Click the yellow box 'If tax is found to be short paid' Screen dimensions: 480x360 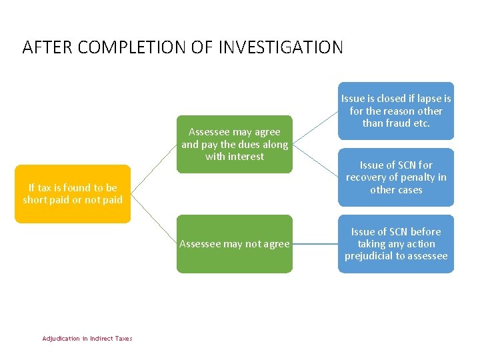point(73,194)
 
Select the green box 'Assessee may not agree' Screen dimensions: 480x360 point(234,244)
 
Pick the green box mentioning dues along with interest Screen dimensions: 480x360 point(234,144)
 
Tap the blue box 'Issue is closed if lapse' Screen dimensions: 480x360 point(395,111)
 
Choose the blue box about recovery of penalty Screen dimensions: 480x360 point(395,177)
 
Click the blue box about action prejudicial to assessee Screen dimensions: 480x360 point(395,244)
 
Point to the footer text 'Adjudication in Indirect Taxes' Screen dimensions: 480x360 point(87,339)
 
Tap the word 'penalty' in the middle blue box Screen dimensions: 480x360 point(414,177)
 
